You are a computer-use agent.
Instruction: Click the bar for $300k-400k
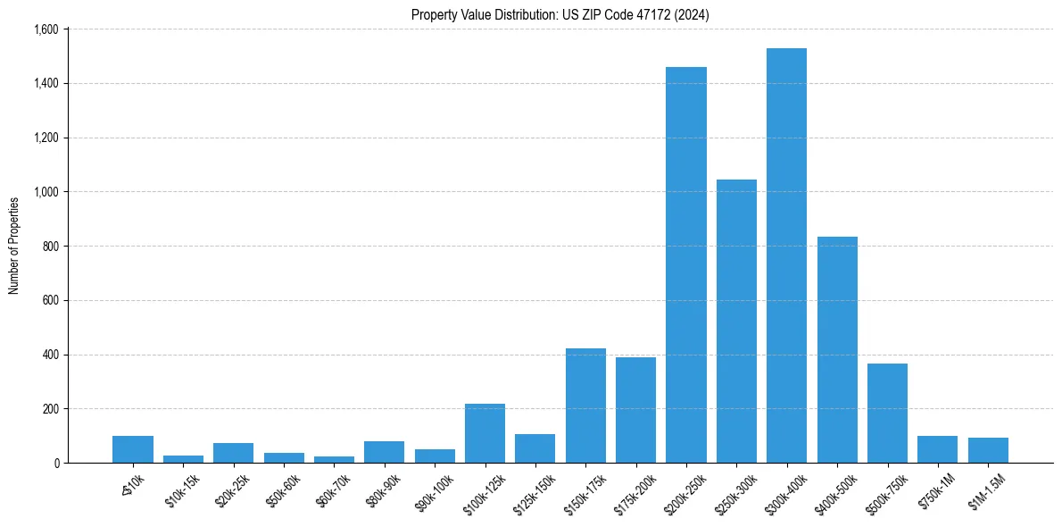pyautogui.click(x=786, y=255)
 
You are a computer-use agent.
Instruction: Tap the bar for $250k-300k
pyautogui.click(x=736, y=322)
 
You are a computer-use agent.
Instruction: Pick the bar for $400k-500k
pyautogui.click(x=837, y=350)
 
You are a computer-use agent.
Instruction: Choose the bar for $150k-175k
pyautogui.click(x=585, y=406)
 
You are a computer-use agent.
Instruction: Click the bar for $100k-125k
pyautogui.click(x=485, y=433)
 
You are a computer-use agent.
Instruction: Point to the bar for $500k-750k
pyautogui.click(x=887, y=414)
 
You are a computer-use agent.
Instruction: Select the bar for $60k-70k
pyautogui.click(x=334, y=459)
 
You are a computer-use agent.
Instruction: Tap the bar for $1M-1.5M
pyautogui.click(x=988, y=450)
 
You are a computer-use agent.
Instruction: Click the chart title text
pyautogui.click(x=560, y=14)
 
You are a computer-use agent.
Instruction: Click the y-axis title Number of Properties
pyautogui.click(x=14, y=246)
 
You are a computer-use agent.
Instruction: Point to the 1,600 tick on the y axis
pyautogui.click(x=45, y=29)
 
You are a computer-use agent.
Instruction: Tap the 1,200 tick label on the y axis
pyautogui.click(x=45, y=138)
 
